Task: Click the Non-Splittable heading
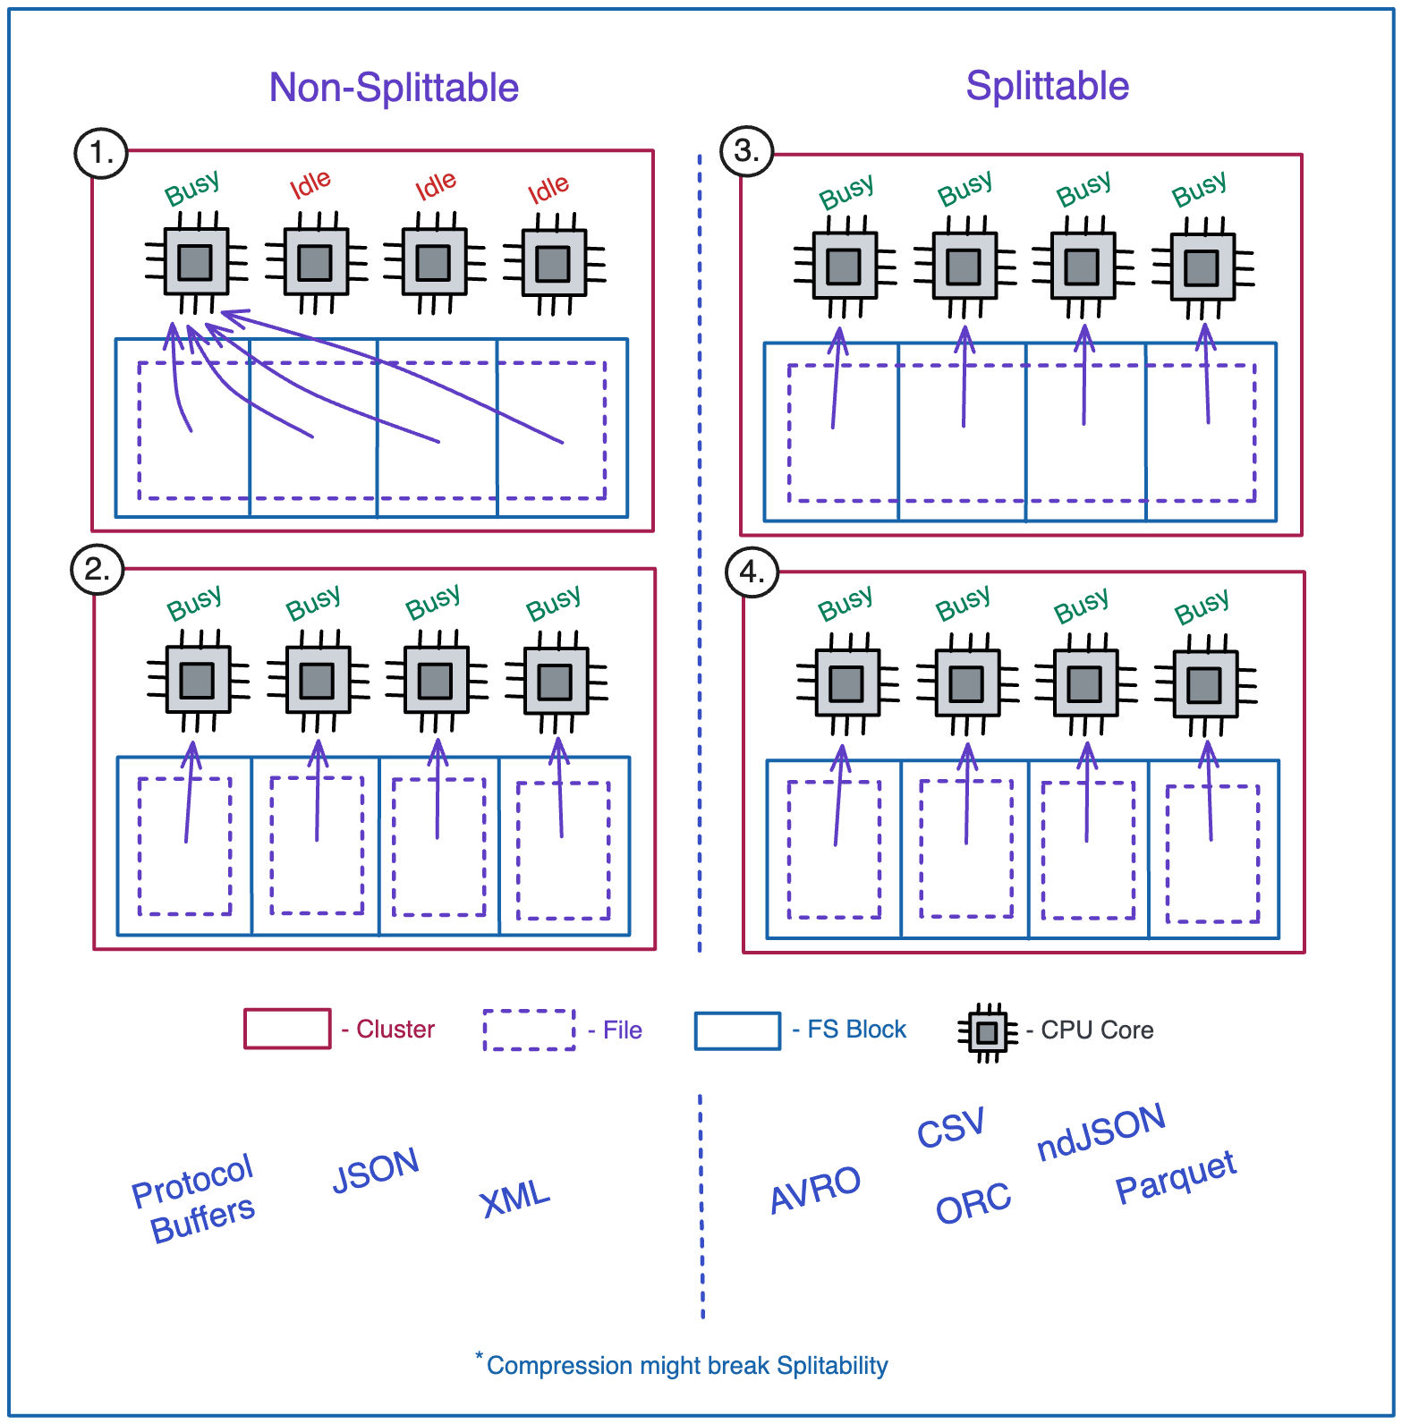pyautogui.click(x=394, y=88)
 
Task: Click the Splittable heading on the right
pyautogui.click(x=1047, y=86)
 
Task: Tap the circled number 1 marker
pyautogui.click(x=100, y=153)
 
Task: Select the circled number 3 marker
pyautogui.click(x=746, y=150)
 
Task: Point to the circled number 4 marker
pyautogui.click(x=752, y=572)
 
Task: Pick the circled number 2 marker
pyautogui.click(x=97, y=569)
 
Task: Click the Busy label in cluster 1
pyautogui.click(x=191, y=188)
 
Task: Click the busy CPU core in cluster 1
pyautogui.click(x=195, y=262)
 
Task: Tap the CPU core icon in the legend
pyautogui.click(x=987, y=1032)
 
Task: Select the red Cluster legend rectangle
pyautogui.click(x=287, y=1029)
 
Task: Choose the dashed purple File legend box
pyautogui.click(x=529, y=1030)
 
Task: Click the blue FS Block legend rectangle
pyautogui.click(x=737, y=1030)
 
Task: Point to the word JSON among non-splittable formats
pyautogui.click(x=375, y=1170)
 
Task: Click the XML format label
pyautogui.click(x=514, y=1198)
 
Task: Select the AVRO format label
pyautogui.click(x=814, y=1189)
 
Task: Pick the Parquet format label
pyautogui.click(x=1176, y=1175)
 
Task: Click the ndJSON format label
pyautogui.click(x=1100, y=1132)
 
